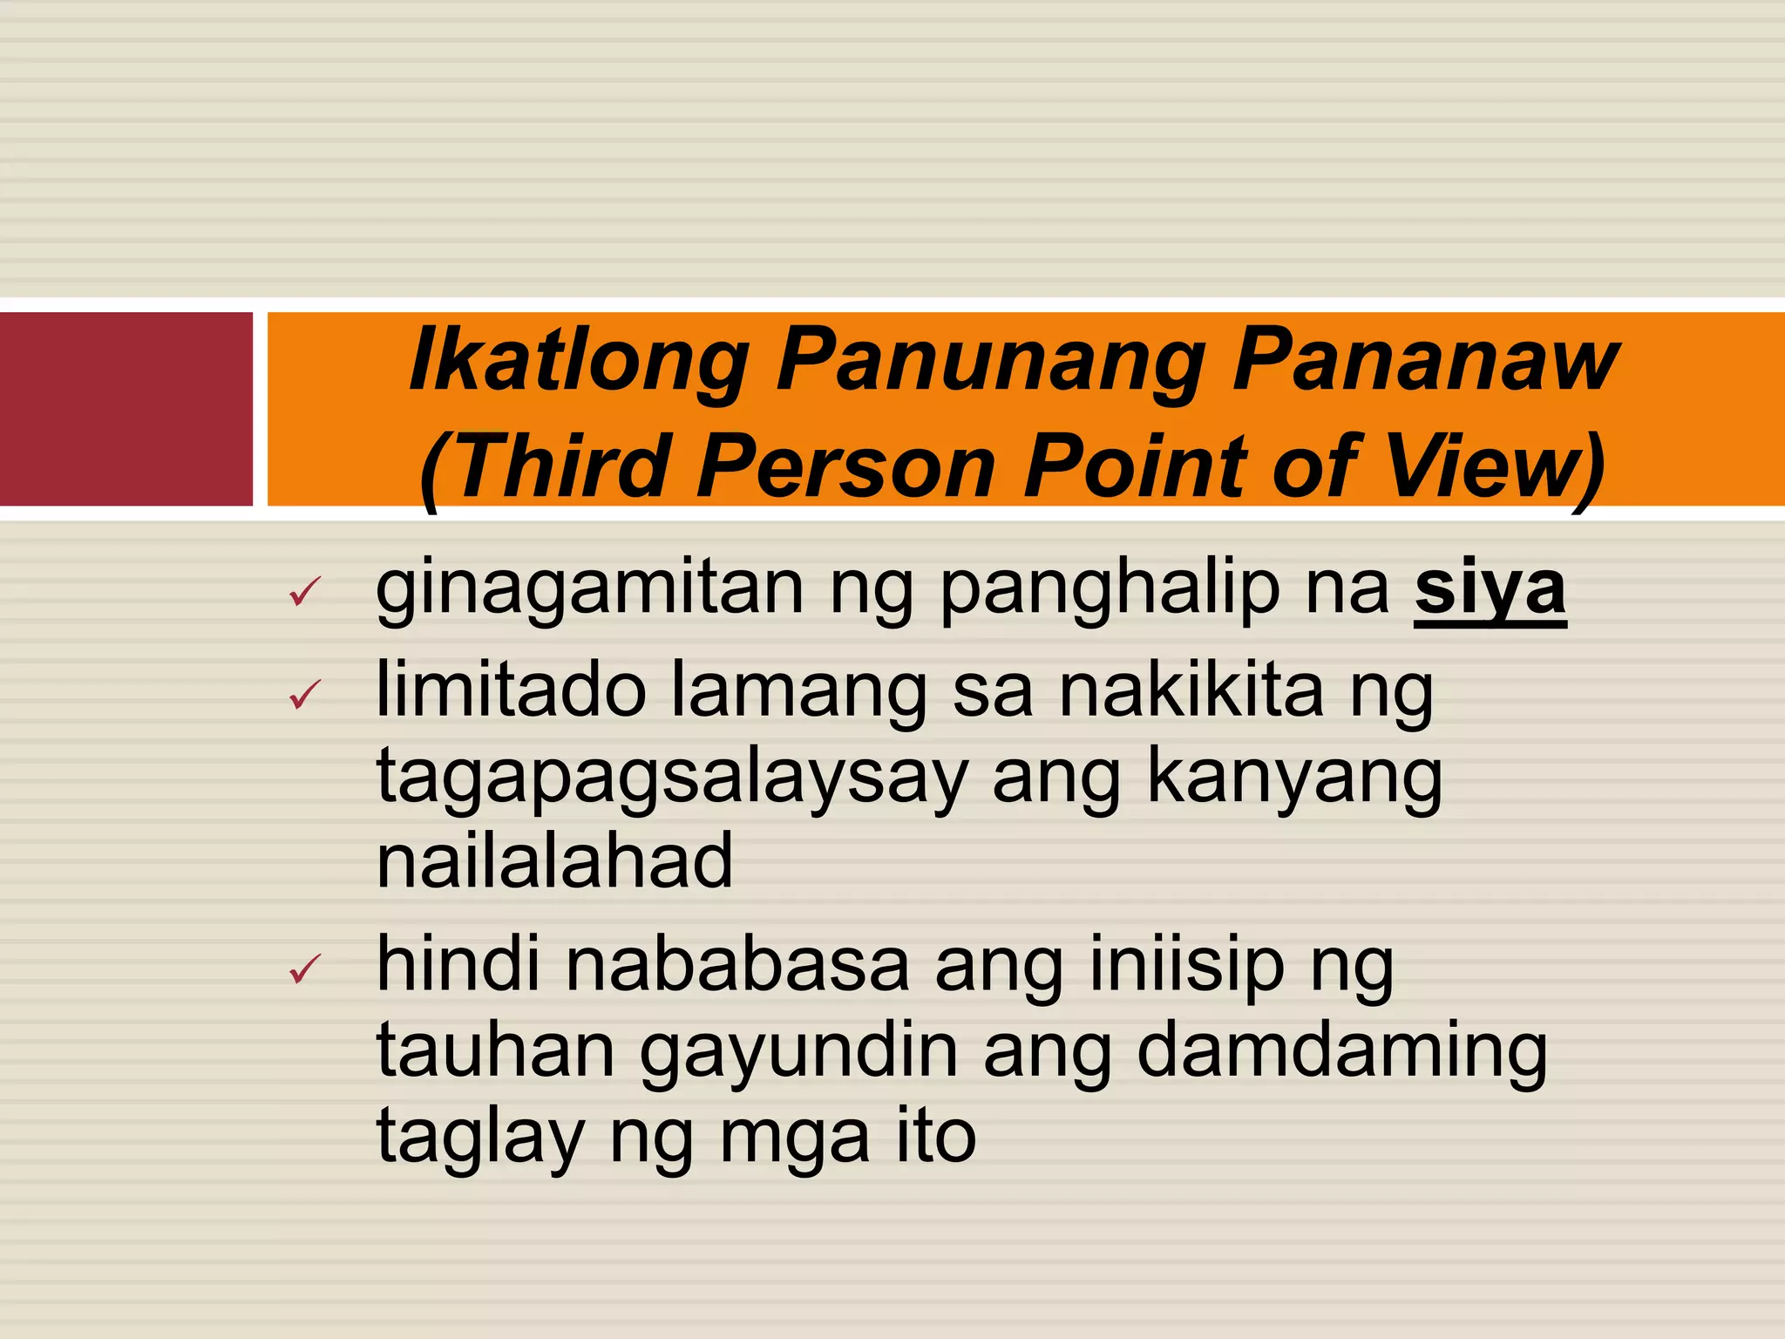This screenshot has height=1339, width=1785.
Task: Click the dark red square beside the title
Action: tap(126, 409)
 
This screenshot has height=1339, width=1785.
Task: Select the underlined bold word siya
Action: tap(1490, 590)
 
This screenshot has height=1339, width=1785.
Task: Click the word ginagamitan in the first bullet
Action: tap(589, 590)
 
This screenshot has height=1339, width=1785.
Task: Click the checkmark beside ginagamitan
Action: tap(305, 592)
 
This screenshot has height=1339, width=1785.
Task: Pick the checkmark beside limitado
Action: tap(305, 695)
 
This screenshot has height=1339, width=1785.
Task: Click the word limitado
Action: tap(511, 690)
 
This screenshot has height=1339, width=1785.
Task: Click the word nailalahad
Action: tap(554, 861)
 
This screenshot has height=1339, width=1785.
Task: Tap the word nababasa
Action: tap(737, 966)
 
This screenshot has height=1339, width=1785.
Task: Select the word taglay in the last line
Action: tap(479, 1137)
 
